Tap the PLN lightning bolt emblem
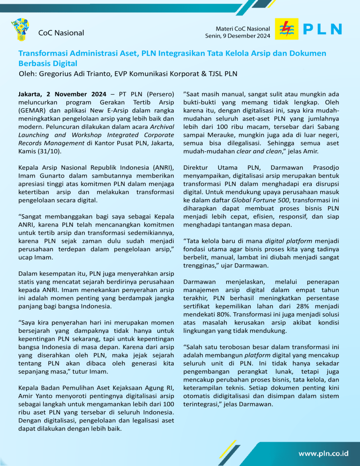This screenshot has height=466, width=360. (285, 29)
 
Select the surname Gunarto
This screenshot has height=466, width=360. (48, 176)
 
